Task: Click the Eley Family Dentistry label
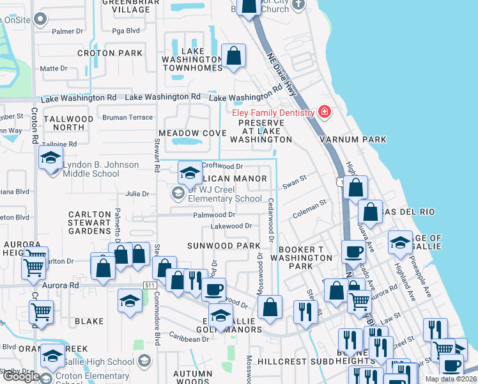(x=273, y=113)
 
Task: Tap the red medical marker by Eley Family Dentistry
(x=325, y=113)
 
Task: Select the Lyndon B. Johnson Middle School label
(x=100, y=169)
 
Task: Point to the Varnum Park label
(x=362, y=139)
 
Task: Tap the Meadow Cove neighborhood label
(x=192, y=132)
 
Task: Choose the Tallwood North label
(x=68, y=123)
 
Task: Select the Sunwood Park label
(x=224, y=246)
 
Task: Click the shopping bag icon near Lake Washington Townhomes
(x=234, y=56)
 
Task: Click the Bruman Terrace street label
(x=128, y=117)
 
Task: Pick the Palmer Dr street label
(x=68, y=31)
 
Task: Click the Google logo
(x=21, y=376)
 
